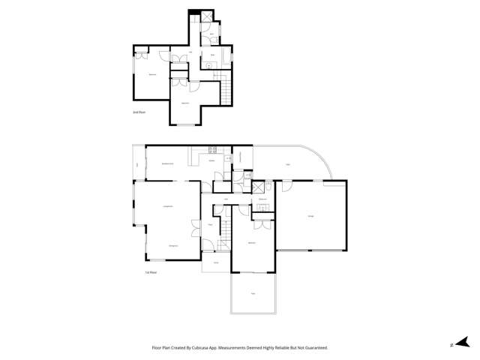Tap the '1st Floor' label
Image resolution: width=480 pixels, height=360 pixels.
(x=151, y=272)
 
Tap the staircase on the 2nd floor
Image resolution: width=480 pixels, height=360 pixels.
(x=223, y=93)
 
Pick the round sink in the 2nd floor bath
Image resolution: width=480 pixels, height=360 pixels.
(x=208, y=65)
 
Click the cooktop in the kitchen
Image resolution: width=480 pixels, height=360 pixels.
(x=211, y=150)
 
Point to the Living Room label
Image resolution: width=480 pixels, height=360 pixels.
(x=168, y=206)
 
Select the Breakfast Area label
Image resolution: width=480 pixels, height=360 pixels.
(x=168, y=163)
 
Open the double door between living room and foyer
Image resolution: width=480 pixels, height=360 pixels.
(x=196, y=223)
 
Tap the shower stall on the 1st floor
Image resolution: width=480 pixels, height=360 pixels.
(x=258, y=187)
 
